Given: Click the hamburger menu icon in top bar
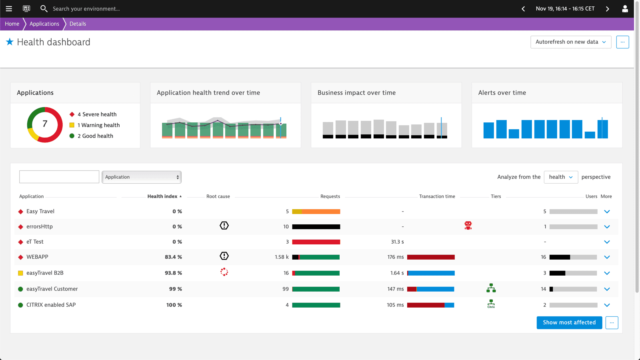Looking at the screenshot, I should pyautogui.click(x=9, y=9).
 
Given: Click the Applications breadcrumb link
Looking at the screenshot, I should pyautogui.click(x=44, y=24).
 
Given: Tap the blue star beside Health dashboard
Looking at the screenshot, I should pyautogui.click(x=10, y=42).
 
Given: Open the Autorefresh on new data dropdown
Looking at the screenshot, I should pyautogui.click(x=570, y=42).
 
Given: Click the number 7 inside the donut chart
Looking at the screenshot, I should pyautogui.click(x=45, y=124).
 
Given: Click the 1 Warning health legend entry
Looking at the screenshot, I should pyautogui.click(x=98, y=125).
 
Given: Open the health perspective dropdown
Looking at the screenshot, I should pyautogui.click(x=560, y=177).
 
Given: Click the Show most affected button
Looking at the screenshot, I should pyautogui.click(x=569, y=322).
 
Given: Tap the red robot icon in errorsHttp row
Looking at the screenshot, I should pyautogui.click(x=468, y=226).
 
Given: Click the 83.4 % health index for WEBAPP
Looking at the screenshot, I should pyautogui.click(x=173, y=257).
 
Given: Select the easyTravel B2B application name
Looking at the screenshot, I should pyautogui.click(x=45, y=273).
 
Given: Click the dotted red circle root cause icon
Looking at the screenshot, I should pyautogui.click(x=224, y=272).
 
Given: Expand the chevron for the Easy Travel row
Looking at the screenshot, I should pyautogui.click(x=607, y=212).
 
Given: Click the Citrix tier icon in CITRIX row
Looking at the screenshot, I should pyautogui.click(x=491, y=304).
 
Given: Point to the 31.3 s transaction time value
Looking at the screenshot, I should pyautogui.click(x=397, y=242).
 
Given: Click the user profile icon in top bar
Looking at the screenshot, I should pyautogui.click(x=625, y=9).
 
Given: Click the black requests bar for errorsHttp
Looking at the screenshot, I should pyautogui.click(x=316, y=227).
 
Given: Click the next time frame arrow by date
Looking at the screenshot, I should pyautogui.click(x=607, y=9).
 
